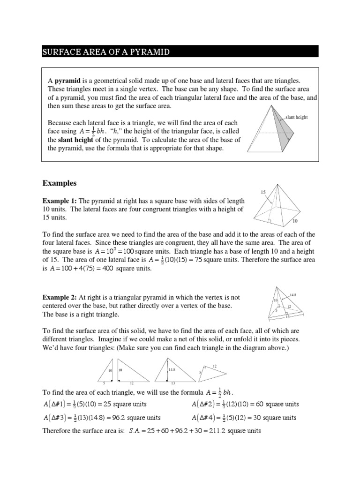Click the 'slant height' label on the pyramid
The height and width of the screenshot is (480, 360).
(296, 117)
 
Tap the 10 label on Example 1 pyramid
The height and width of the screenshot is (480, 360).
(295, 220)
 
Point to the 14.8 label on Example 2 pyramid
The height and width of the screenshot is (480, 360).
(293, 295)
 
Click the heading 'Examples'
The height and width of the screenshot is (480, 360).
(59, 182)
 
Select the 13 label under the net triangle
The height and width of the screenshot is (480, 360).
(173, 383)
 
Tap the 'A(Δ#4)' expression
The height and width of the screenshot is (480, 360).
(204, 418)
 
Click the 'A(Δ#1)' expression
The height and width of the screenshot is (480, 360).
(55, 404)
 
